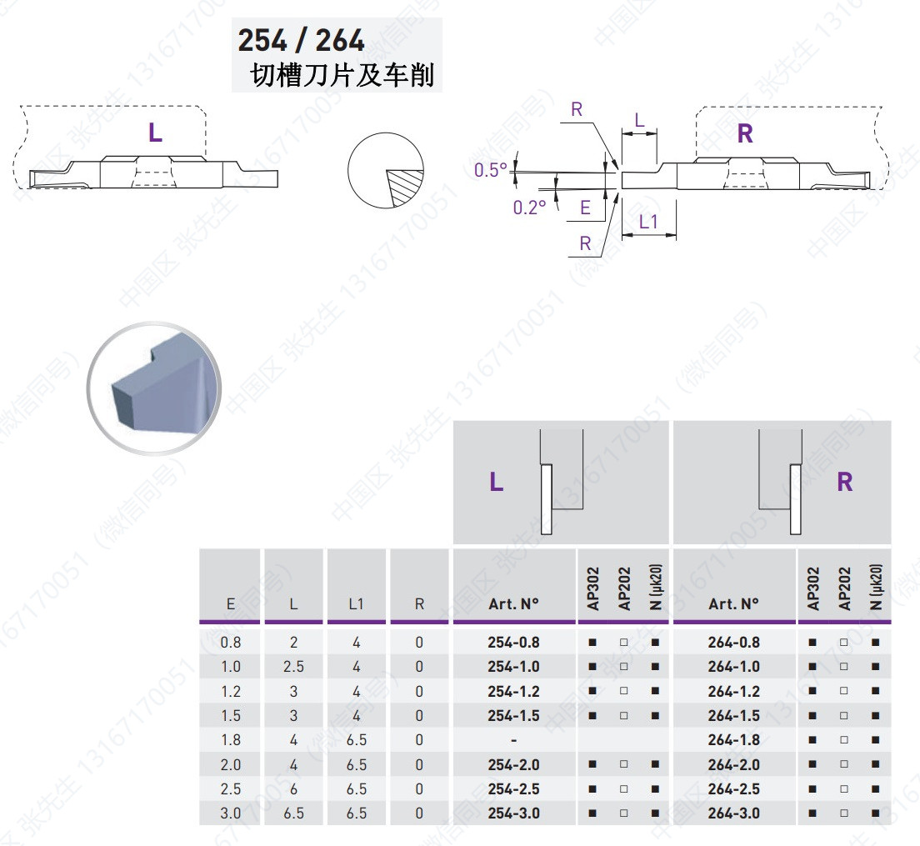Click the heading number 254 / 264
tap(301, 41)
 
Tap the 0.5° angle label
tap(491, 170)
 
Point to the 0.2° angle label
tap(529, 207)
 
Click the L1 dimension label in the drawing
tap(648, 222)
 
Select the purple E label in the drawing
tap(585, 208)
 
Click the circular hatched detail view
tap(386, 170)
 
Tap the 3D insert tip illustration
tap(153, 388)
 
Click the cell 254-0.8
tap(513, 643)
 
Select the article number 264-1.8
tap(734, 740)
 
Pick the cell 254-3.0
tap(513, 813)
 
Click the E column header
tap(231, 603)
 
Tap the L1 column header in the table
tap(356, 603)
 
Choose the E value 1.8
tap(231, 740)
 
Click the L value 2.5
tap(293, 667)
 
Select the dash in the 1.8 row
tap(513, 741)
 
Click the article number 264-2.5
tap(734, 789)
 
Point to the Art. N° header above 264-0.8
tap(734, 603)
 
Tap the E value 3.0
tap(231, 813)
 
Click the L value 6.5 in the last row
tap(293, 813)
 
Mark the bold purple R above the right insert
tap(745, 133)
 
